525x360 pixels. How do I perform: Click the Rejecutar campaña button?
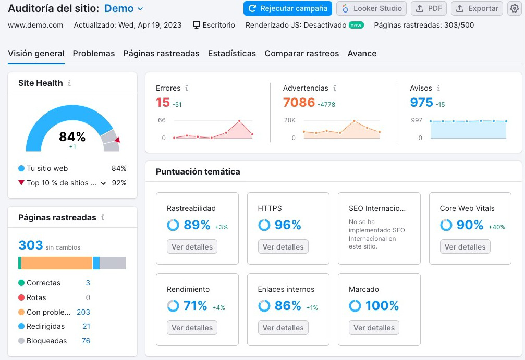(x=288, y=8)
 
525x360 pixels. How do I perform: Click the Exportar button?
(x=477, y=8)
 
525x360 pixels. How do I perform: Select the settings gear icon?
(x=514, y=8)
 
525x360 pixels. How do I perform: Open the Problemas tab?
(x=94, y=53)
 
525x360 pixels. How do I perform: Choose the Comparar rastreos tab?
(x=301, y=53)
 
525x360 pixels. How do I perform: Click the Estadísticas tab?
(x=231, y=53)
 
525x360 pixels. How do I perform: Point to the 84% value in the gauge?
(x=72, y=136)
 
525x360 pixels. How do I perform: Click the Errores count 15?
(x=163, y=103)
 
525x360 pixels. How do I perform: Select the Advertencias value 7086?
(x=299, y=103)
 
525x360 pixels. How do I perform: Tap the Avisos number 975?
(x=421, y=103)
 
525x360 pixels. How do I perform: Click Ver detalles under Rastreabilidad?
(x=192, y=247)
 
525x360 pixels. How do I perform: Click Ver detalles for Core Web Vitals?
(x=465, y=247)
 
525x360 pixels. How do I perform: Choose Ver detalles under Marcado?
(x=374, y=328)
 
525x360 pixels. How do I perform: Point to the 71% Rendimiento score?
(x=195, y=306)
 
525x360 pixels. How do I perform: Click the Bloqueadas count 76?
(x=86, y=341)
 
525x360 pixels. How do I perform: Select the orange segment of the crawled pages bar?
(x=56, y=263)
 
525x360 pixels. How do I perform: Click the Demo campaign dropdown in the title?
(x=124, y=8)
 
